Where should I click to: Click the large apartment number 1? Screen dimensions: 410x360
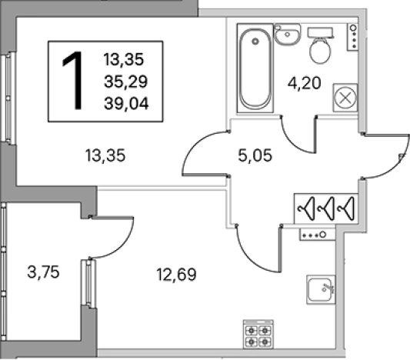click(72, 81)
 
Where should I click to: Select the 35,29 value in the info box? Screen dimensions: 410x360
click(126, 82)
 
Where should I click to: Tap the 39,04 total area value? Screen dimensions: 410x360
click(126, 103)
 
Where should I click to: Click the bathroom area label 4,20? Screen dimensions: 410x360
click(304, 84)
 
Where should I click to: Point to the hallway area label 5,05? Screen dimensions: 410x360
click(255, 155)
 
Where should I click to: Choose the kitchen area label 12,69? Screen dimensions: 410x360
click(176, 275)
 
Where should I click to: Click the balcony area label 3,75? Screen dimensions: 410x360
click(43, 272)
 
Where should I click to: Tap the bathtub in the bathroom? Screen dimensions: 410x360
click(255, 68)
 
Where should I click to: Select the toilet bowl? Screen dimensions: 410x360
click(320, 45)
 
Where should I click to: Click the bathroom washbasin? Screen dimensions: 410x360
click(288, 35)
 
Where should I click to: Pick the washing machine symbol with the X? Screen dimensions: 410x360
click(345, 98)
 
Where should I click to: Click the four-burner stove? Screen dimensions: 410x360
click(258, 335)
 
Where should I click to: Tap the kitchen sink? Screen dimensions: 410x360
click(321, 289)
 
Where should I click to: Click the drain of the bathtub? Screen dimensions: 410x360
click(255, 41)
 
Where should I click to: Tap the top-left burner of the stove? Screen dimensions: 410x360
click(252, 331)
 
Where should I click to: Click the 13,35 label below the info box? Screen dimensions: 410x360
click(105, 155)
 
